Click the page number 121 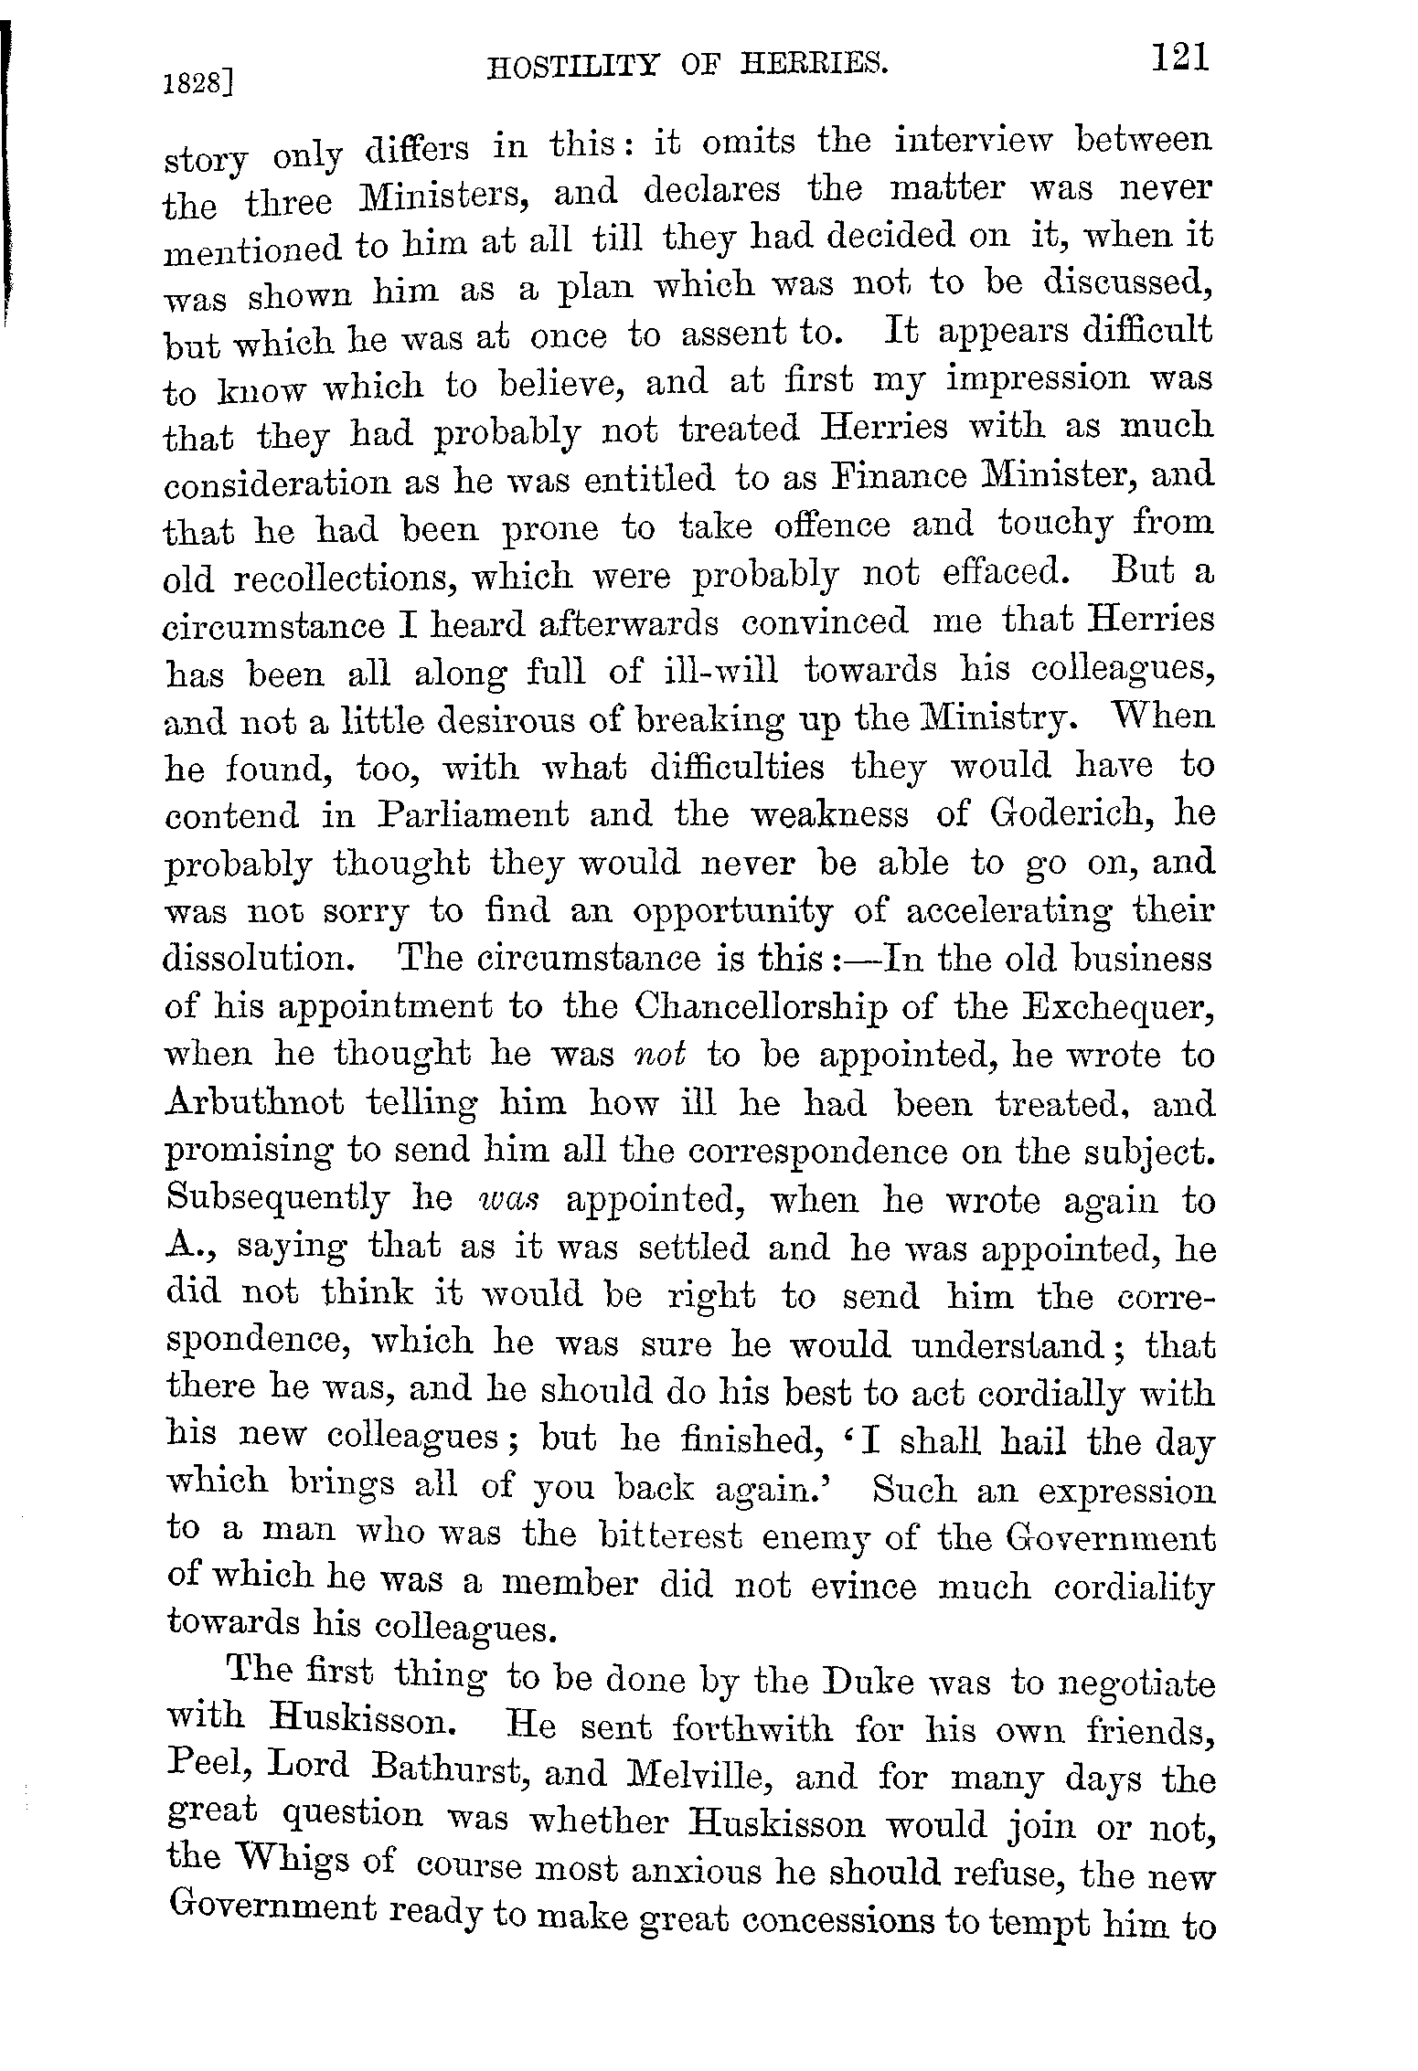coord(1180,58)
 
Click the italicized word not coord(661,1055)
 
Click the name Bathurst coord(449,1771)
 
